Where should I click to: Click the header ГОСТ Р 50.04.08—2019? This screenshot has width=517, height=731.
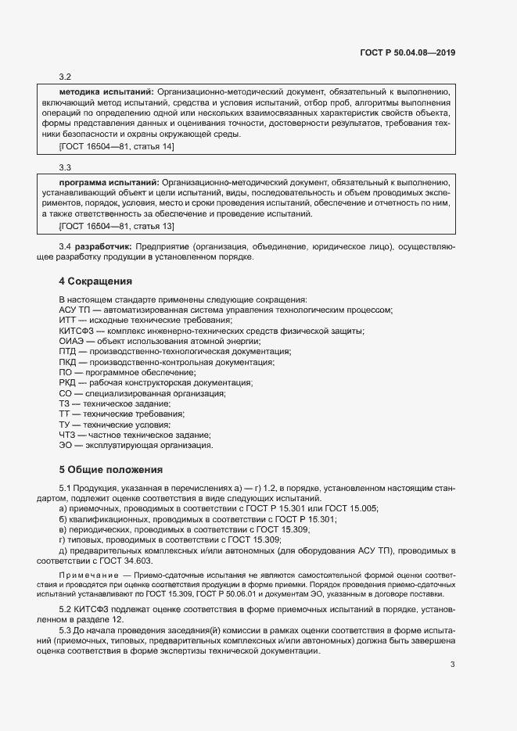(x=407, y=53)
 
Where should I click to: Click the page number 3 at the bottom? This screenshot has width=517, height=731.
(x=452, y=665)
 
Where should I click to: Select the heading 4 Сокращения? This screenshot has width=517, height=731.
(x=95, y=281)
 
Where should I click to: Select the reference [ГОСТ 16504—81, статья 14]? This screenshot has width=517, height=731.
(x=117, y=146)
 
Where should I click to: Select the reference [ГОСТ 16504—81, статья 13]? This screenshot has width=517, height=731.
(x=117, y=226)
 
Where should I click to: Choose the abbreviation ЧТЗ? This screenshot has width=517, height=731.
(x=67, y=434)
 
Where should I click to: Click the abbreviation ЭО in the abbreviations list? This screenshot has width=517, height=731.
(x=66, y=445)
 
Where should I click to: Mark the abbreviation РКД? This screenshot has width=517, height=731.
(x=68, y=382)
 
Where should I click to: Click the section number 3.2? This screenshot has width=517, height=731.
(x=66, y=77)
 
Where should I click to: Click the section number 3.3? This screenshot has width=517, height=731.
(x=66, y=167)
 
